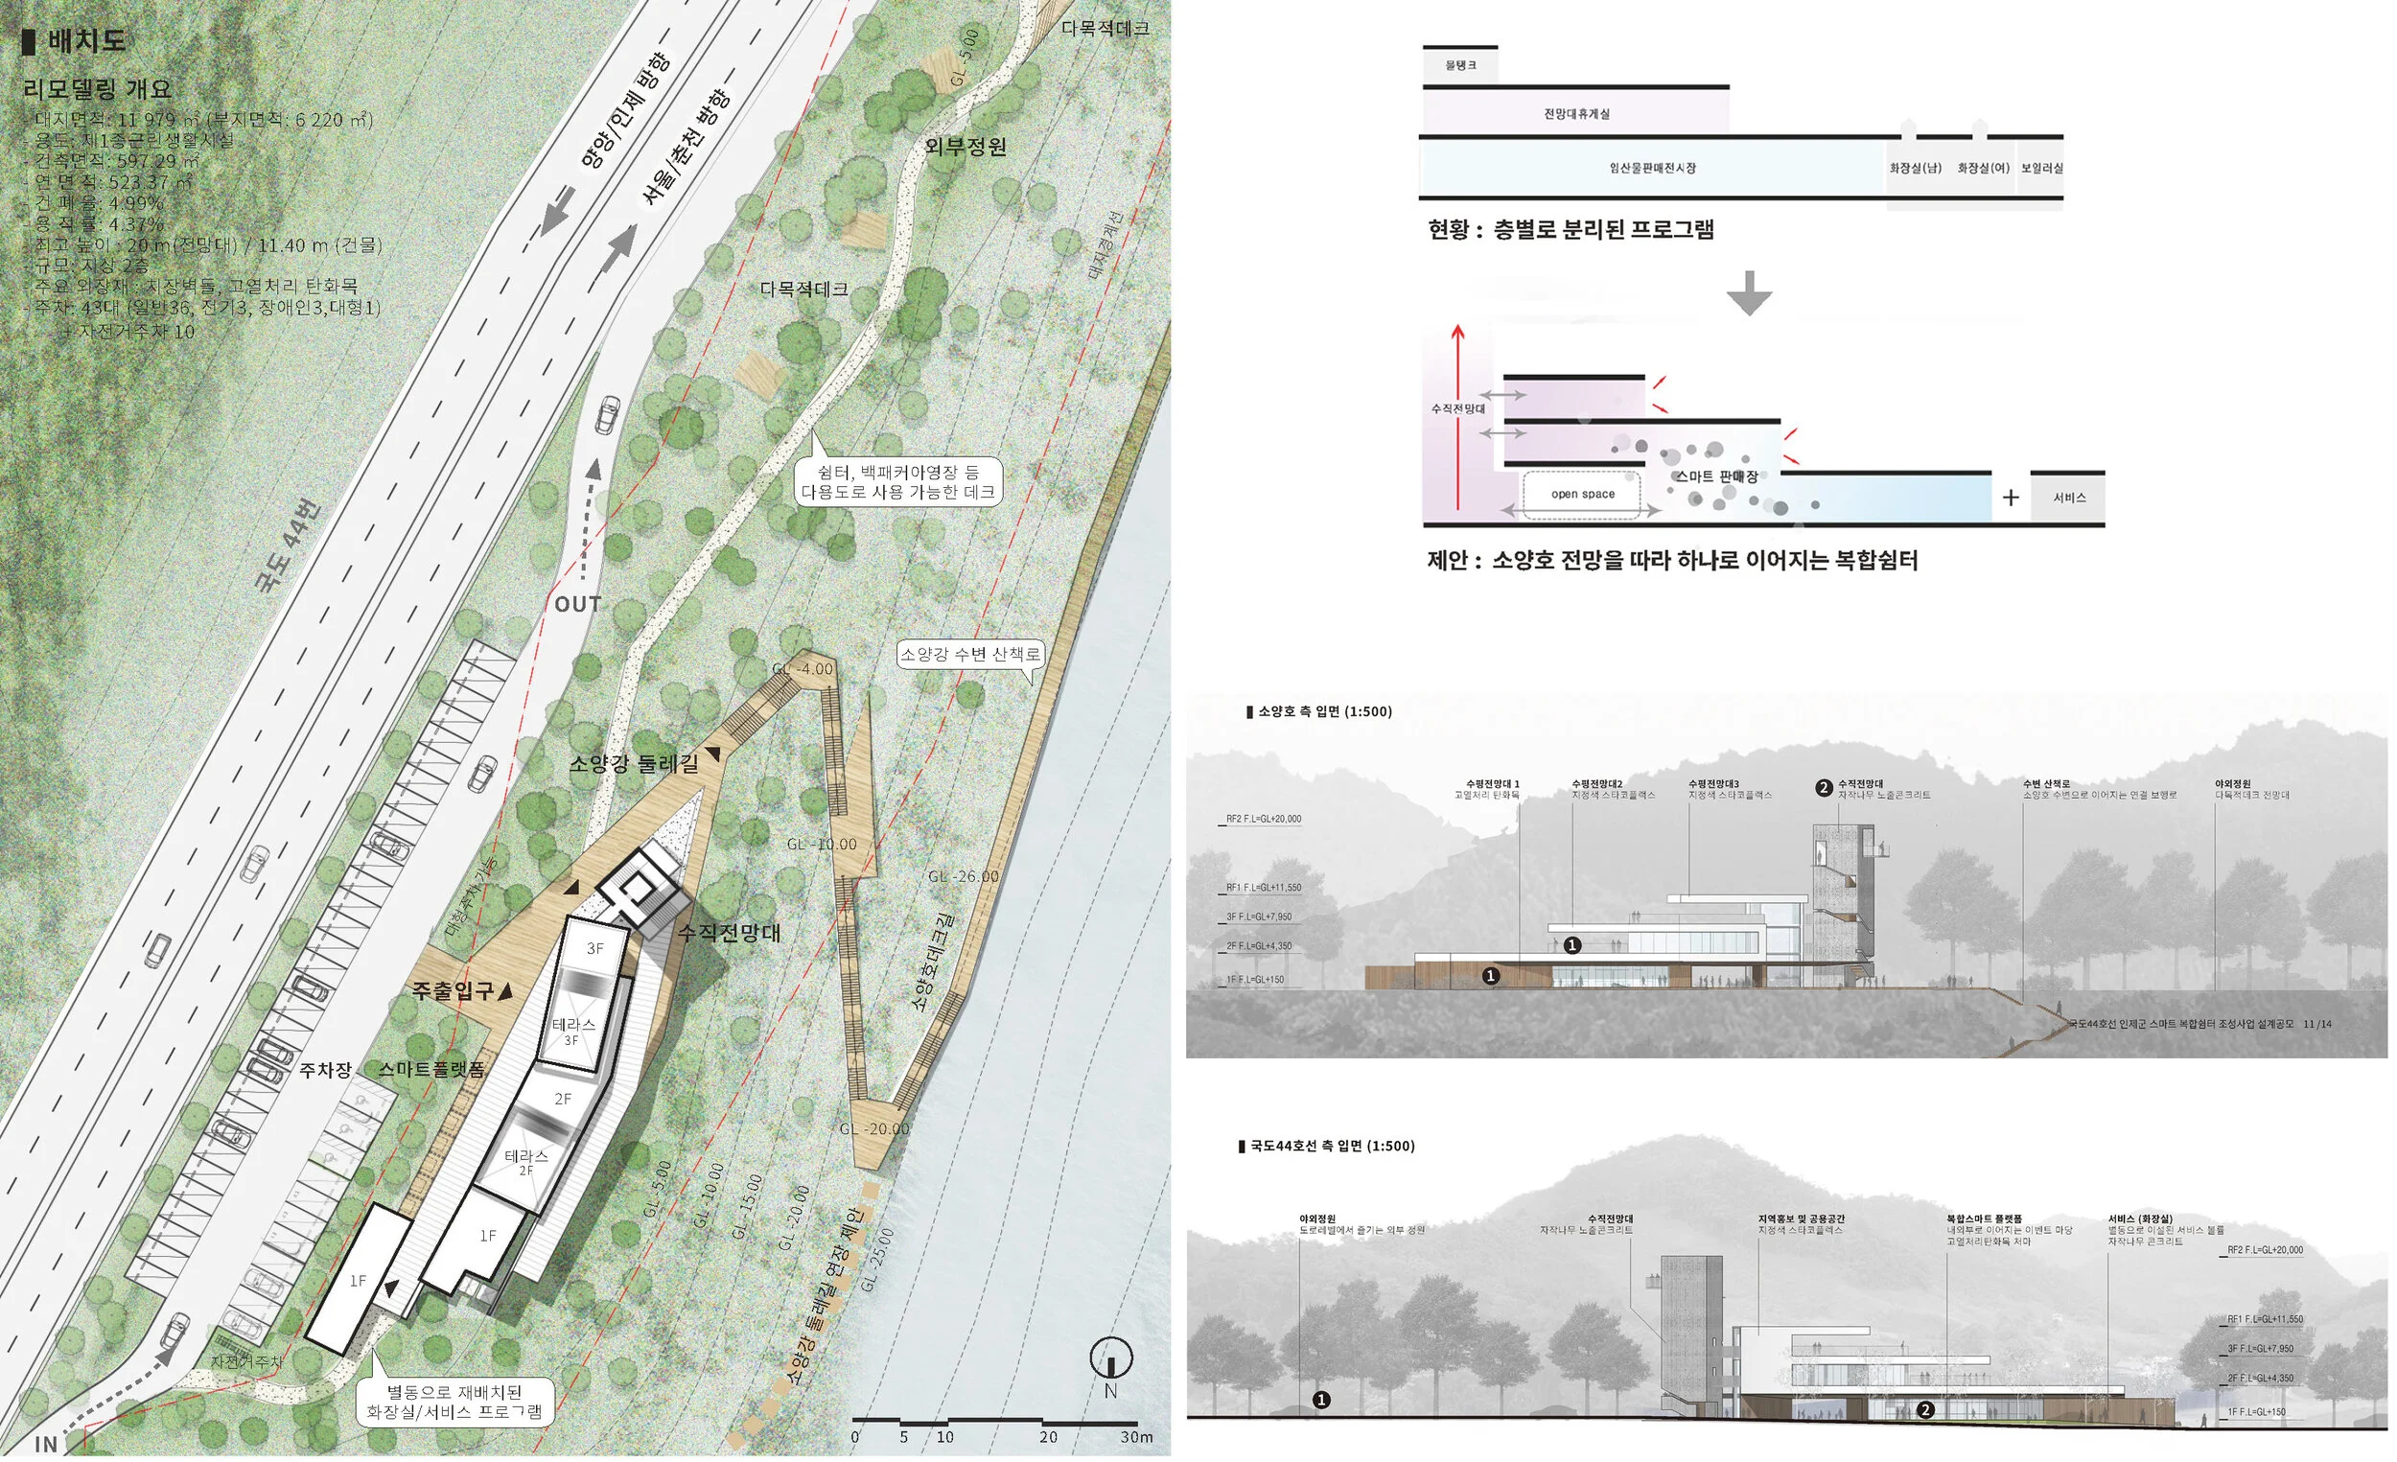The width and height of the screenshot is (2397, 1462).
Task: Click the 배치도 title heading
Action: click(x=85, y=41)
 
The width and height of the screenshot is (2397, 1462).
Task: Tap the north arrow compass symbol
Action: click(x=1111, y=1357)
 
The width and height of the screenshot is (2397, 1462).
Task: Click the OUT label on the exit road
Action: click(x=578, y=604)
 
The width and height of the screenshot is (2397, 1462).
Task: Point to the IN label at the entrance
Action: click(x=46, y=1444)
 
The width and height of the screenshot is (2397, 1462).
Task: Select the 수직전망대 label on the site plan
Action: click(x=729, y=933)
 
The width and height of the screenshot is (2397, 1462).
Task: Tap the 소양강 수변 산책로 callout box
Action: click(x=970, y=655)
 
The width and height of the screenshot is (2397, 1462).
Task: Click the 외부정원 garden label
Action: click(x=965, y=147)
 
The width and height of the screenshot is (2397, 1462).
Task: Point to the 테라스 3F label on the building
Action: click(x=573, y=1031)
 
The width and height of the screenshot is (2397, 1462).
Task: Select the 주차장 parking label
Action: click(x=325, y=1069)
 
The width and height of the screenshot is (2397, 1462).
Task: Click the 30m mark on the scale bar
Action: click(x=1135, y=1437)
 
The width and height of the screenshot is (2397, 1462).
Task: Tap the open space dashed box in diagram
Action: click(x=1582, y=494)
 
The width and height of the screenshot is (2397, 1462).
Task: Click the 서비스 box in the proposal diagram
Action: click(x=2068, y=498)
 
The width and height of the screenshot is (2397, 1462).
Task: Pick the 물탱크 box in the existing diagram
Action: click(x=1460, y=65)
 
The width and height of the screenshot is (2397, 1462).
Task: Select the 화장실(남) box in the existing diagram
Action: click(x=1915, y=169)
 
